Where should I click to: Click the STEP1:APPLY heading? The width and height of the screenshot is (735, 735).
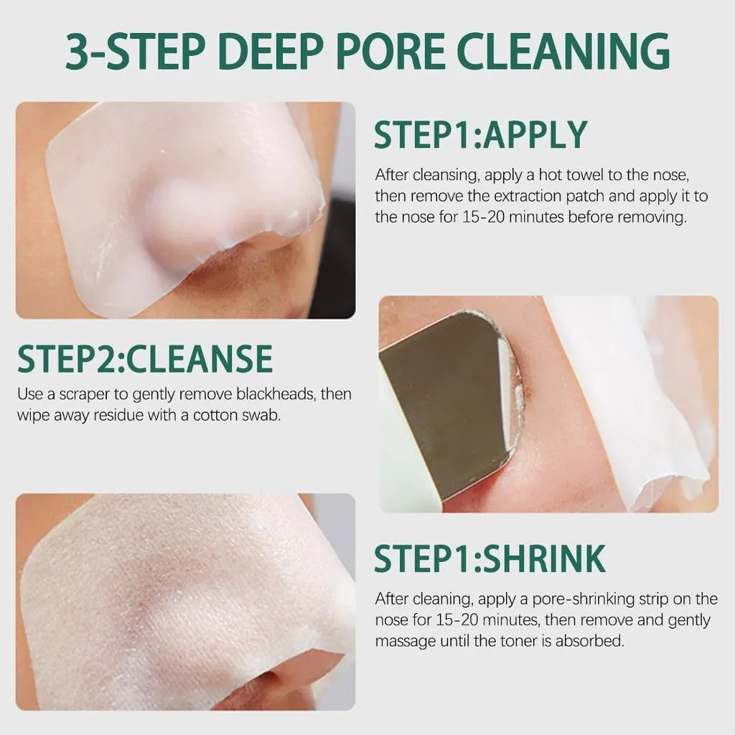pos(480,134)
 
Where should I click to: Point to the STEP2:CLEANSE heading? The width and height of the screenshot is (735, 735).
pos(144,359)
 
